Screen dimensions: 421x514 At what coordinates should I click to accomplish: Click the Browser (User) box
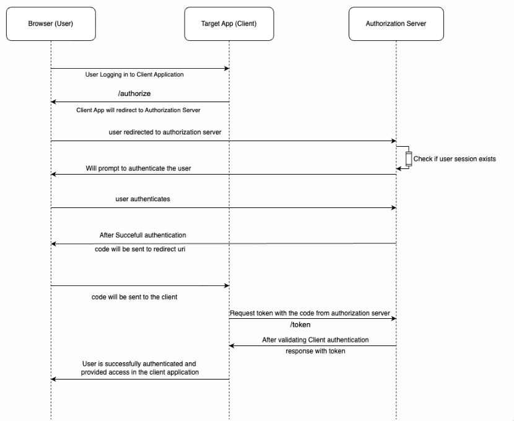click(x=51, y=24)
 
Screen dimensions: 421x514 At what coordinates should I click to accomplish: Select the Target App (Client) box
click(x=229, y=24)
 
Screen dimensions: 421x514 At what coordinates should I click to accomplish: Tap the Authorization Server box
click(x=396, y=24)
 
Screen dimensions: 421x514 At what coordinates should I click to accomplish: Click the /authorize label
click(x=134, y=93)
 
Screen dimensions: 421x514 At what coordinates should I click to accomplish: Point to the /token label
click(x=300, y=324)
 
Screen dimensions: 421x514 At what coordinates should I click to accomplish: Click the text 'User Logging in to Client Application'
click(x=134, y=74)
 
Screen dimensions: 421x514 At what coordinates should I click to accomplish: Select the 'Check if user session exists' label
click(x=455, y=159)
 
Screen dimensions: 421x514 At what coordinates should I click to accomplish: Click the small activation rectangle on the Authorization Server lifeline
click(x=408, y=158)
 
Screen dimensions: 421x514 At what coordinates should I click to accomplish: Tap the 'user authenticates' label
click(x=142, y=199)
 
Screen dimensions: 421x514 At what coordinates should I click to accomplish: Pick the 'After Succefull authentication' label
click(x=142, y=235)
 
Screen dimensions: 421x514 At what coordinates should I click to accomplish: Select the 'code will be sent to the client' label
click(x=134, y=297)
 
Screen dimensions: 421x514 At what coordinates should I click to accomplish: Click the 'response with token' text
click(x=315, y=351)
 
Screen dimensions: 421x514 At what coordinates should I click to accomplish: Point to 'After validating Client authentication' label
click(x=315, y=340)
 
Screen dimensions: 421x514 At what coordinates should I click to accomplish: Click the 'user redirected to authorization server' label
click(x=165, y=132)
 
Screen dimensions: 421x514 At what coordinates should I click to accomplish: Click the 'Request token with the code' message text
click(x=310, y=313)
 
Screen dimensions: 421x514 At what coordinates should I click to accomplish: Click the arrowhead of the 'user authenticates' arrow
click(x=393, y=208)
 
